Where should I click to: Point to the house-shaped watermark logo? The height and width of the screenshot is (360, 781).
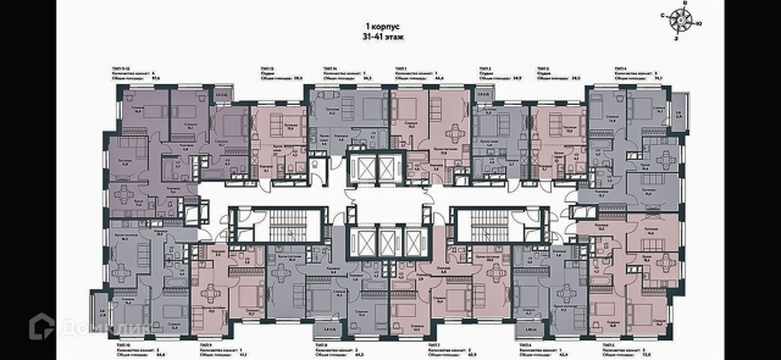click(x=41, y=325)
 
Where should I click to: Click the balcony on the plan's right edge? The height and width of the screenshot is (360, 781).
click(x=679, y=111)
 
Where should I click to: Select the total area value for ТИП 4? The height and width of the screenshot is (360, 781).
click(x=658, y=77)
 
